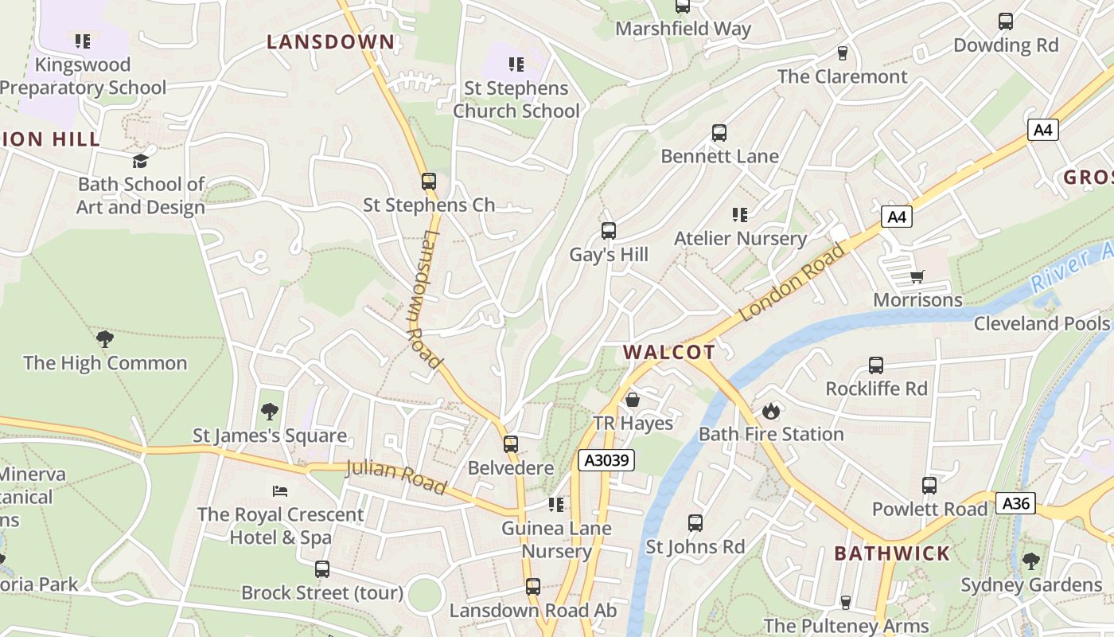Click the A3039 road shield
tap(606, 459)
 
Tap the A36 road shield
tap(1015, 502)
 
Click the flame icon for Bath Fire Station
tap(770, 411)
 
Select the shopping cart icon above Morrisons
tap(917, 276)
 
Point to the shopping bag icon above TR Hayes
tap(633, 399)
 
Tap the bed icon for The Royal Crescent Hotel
tap(280, 490)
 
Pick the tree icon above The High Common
tap(104, 339)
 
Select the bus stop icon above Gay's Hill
tap(609, 231)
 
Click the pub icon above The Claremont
tap(842, 53)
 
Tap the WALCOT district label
tap(668, 352)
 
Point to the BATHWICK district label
tap(891, 553)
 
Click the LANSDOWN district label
tap(330, 42)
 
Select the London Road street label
tap(792, 283)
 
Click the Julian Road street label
tap(396, 476)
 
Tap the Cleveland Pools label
tap(1041, 323)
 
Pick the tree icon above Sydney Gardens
tap(1030, 561)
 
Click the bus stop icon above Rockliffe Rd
tap(876, 365)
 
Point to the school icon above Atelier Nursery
tap(740, 214)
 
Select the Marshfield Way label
tap(683, 29)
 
